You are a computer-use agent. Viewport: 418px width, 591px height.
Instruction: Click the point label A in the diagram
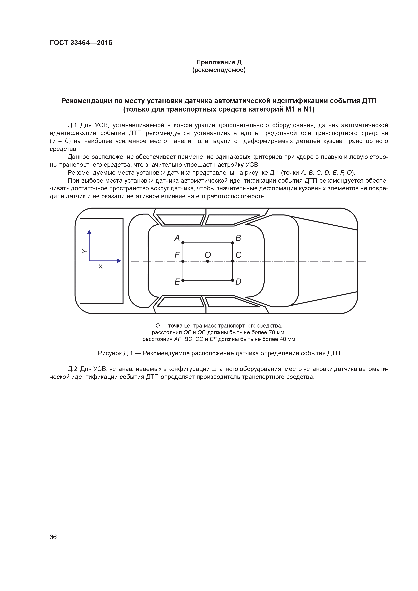pos(177,238)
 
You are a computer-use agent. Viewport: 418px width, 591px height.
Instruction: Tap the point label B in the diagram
pos(238,238)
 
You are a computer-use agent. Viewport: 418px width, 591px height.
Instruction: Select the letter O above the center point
pos(208,255)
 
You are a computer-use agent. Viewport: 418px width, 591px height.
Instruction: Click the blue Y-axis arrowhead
pos(89,232)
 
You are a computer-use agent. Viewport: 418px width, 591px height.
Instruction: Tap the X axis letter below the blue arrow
pos(100,267)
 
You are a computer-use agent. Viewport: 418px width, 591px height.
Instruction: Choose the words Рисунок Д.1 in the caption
pos(115,353)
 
